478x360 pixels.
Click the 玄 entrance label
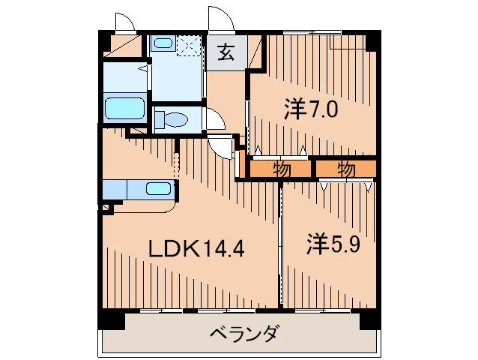click(x=226, y=52)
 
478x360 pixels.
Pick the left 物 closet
click(x=281, y=169)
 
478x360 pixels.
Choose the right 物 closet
click(x=345, y=169)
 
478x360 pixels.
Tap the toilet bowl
click(x=175, y=119)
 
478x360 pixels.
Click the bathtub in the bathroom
click(x=124, y=109)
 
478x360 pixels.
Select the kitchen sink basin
click(x=159, y=188)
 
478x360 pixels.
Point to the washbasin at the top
click(x=163, y=43)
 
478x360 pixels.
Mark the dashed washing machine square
click(x=190, y=44)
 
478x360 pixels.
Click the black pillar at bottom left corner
click(x=110, y=319)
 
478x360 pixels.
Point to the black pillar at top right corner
click(x=372, y=40)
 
